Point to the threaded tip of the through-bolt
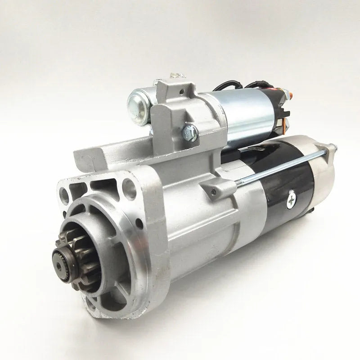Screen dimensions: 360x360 332,146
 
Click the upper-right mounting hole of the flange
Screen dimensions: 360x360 130,184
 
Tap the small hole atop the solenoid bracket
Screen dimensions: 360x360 181,94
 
